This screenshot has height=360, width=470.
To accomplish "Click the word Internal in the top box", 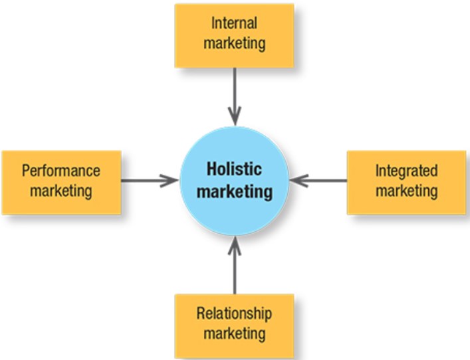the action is [x=234, y=23].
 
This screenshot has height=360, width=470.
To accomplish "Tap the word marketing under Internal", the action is [x=235, y=43].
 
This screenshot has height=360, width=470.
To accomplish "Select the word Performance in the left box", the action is [x=61, y=171].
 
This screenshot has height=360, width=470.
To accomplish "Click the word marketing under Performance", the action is [x=61, y=191].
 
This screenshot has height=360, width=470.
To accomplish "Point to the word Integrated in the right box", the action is [x=406, y=171].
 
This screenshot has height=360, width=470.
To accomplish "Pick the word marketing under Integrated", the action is [x=407, y=191].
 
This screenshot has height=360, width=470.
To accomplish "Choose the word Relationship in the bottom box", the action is [x=234, y=314].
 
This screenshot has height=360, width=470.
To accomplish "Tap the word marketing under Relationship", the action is [x=235, y=333].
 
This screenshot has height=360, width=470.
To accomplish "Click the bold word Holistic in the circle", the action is [x=234, y=169].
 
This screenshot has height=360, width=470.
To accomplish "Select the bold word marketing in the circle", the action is [x=235, y=191].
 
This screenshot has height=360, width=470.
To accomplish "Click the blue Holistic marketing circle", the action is [x=234, y=181].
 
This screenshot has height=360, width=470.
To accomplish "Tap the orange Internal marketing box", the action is [x=234, y=36].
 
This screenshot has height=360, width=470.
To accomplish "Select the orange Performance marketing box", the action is [x=61, y=183].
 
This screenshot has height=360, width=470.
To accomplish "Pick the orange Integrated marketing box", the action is [x=406, y=183].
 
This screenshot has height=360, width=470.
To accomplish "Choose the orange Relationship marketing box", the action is [x=234, y=326].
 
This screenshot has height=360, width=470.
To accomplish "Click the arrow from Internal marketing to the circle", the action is [x=235, y=97].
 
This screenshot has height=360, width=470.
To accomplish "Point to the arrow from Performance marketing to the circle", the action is [x=150, y=181].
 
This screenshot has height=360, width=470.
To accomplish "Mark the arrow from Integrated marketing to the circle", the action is [x=318, y=181].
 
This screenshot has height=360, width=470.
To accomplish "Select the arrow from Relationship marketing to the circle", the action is [x=235, y=265].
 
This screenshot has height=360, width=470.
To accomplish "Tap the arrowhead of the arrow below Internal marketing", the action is [x=235, y=117].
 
